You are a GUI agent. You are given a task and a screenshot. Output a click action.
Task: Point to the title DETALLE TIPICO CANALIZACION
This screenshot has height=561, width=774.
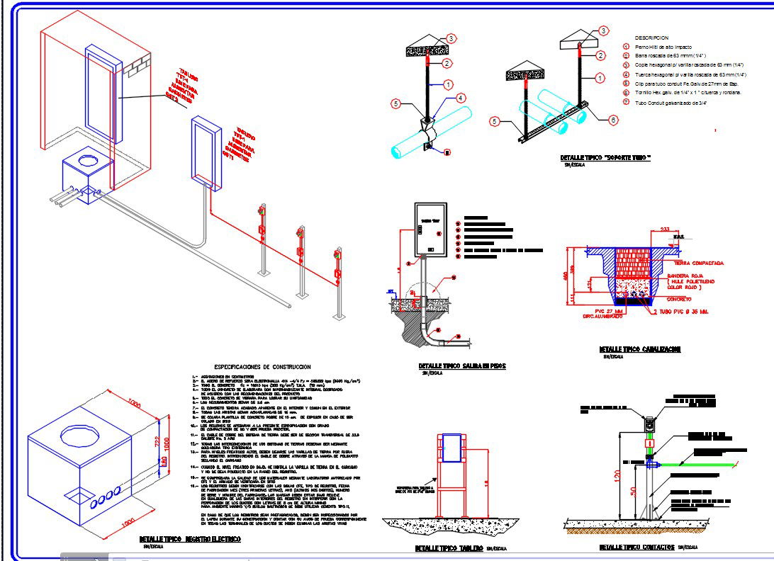[640, 349]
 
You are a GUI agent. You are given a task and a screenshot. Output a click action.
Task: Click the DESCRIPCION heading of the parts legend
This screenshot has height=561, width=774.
[651, 38]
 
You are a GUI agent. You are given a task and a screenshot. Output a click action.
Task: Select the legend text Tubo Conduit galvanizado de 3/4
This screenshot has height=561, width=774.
[675, 102]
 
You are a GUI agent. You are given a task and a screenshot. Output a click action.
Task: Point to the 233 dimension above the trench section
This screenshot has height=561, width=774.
[665, 229]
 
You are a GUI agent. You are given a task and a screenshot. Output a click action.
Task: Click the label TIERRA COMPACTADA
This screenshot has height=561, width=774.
[698, 263]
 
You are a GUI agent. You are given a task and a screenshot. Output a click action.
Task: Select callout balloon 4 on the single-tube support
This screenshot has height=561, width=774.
[460, 98]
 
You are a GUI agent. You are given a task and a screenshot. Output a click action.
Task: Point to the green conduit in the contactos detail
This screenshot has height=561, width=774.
[702, 464]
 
